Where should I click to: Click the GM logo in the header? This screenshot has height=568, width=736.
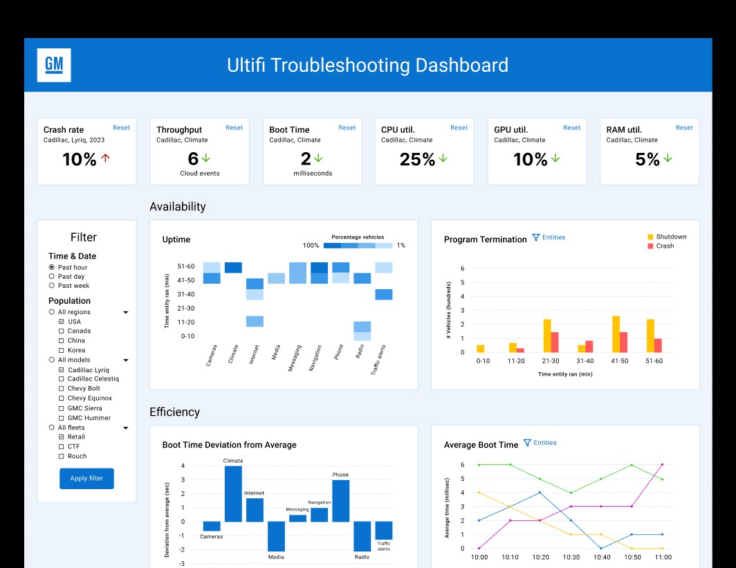(54, 65)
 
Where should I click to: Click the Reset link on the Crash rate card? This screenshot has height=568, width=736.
(121, 128)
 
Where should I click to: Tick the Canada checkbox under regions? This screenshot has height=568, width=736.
(61, 331)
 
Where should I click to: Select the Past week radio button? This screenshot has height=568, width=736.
(52, 286)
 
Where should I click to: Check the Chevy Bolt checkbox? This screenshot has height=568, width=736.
(61, 389)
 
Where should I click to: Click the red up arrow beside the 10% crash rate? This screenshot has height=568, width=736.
(106, 158)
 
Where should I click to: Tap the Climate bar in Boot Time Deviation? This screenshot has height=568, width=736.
(233, 494)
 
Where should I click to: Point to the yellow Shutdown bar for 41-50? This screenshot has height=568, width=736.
(616, 334)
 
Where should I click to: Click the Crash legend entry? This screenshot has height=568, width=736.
(661, 246)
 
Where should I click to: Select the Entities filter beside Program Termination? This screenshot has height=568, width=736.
(549, 237)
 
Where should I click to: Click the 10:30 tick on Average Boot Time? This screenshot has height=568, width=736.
(571, 557)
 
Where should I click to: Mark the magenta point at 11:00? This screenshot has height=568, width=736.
(662, 465)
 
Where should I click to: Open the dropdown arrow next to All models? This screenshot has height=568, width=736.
(126, 360)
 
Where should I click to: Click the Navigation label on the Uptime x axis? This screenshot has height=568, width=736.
(315, 358)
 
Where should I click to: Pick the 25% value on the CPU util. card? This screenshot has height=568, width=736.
(417, 160)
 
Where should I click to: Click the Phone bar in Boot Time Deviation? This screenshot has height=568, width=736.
(341, 501)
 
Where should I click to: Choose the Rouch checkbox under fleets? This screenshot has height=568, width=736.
(61, 457)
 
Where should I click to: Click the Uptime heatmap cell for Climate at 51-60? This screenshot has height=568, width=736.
(233, 268)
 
